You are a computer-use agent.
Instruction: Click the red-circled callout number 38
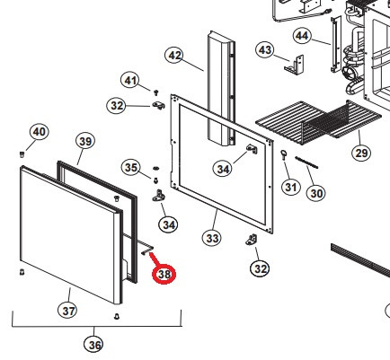coord(164,275)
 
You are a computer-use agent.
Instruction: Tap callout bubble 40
coord(39,133)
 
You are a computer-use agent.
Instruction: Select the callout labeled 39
coord(84,141)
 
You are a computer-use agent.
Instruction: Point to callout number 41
coord(132,83)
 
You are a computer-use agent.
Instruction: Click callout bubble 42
coord(175,56)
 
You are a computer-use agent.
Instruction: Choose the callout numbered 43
coord(264,49)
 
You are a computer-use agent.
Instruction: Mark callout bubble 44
coord(301,36)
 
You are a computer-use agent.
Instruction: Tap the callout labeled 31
coord(289,187)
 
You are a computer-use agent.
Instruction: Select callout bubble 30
coord(315,192)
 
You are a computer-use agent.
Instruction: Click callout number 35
coord(131,168)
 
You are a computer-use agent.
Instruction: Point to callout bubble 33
coord(212,238)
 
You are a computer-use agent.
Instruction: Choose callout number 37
coord(69,311)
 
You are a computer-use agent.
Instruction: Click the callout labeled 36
coord(93,343)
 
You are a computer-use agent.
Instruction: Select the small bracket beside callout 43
coord(292,65)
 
